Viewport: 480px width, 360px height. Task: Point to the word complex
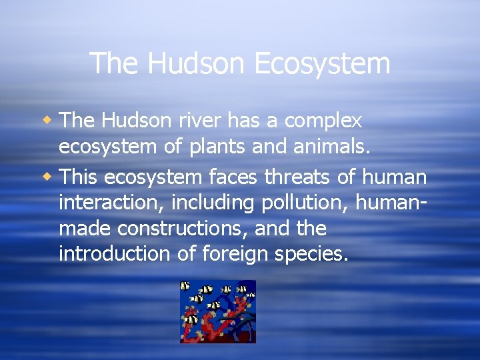tap(323, 121)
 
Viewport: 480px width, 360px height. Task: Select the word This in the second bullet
tap(78, 177)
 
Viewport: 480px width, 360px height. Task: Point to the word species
tap(313, 255)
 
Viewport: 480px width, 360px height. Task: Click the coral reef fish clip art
tap(217, 311)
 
